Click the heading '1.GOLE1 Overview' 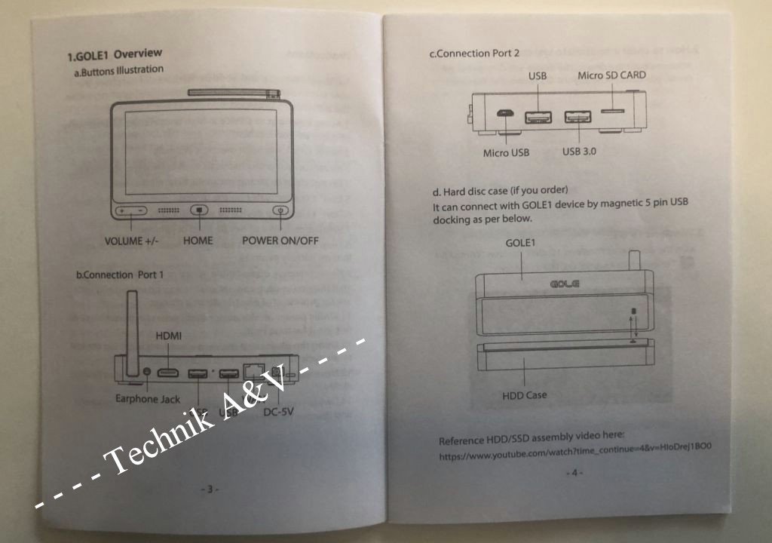[x=115, y=54]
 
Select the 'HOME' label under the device [x=198, y=241]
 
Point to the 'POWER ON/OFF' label [x=280, y=241]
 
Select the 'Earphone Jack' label [x=148, y=399]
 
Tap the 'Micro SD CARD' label [x=611, y=75]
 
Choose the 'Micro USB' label [x=506, y=152]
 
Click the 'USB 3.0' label [x=579, y=152]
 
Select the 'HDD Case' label [x=524, y=394]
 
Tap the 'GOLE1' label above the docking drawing [x=520, y=244]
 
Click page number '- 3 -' [x=209, y=489]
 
